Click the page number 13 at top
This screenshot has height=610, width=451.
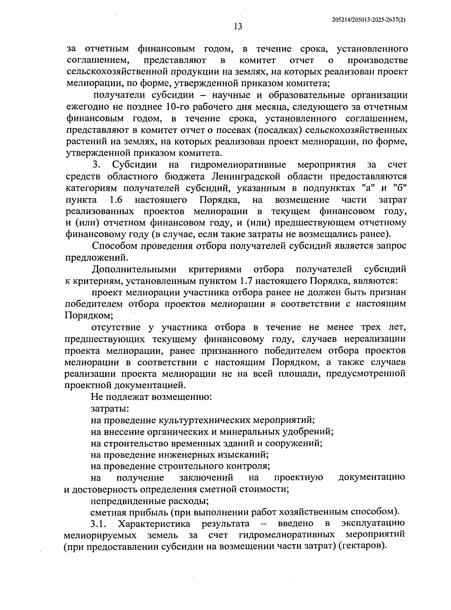(238, 26)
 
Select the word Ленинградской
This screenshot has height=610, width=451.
(250, 176)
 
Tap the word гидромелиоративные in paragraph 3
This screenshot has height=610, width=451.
(238, 165)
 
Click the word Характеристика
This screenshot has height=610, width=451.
(154, 524)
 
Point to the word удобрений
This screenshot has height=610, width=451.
(309, 431)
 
